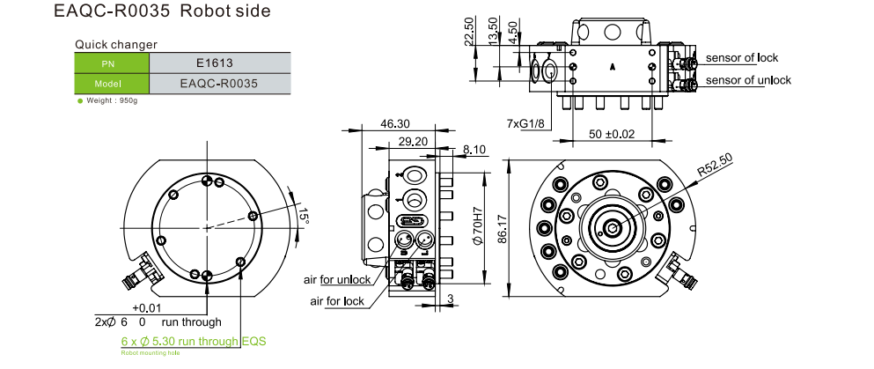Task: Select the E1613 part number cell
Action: click(x=219, y=63)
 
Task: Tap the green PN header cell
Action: click(x=112, y=63)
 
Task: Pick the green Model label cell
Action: click(x=112, y=84)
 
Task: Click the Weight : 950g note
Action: click(x=111, y=100)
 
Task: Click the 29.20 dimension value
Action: click(x=413, y=141)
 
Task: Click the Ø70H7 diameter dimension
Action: click(x=478, y=227)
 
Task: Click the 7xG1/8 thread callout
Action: click(x=525, y=122)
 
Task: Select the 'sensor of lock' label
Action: click(x=742, y=58)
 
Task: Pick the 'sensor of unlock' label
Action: click(x=748, y=80)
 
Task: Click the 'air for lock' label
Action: click(x=337, y=301)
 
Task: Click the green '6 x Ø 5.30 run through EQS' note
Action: click(x=193, y=341)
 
